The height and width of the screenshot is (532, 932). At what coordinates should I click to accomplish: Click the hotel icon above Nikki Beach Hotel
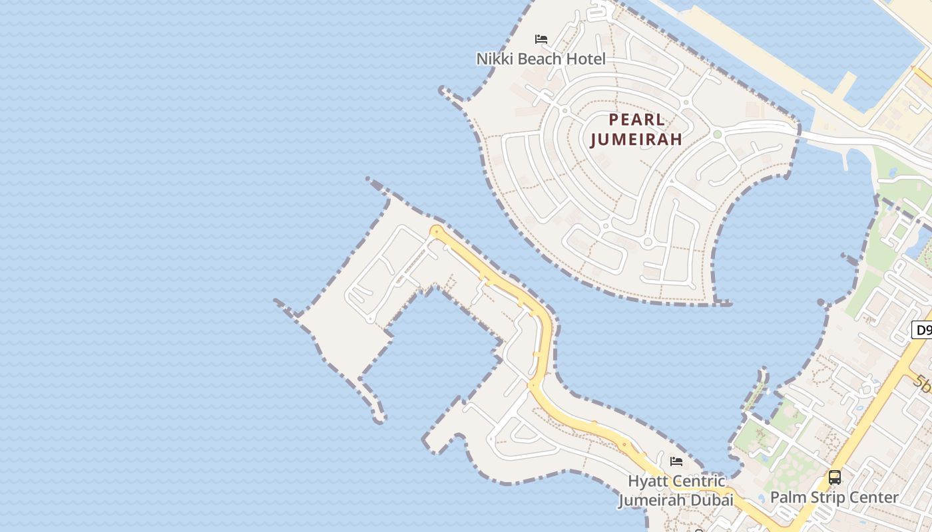541,39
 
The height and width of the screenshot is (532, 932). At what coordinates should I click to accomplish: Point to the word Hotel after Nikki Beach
586,59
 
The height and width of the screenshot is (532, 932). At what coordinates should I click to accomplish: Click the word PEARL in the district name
637,120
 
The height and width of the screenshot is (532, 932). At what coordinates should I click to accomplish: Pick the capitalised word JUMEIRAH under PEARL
636,140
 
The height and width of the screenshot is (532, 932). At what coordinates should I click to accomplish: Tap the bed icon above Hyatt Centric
676,462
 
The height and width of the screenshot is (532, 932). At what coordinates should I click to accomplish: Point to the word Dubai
713,500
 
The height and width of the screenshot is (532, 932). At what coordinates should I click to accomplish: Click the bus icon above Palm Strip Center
834,477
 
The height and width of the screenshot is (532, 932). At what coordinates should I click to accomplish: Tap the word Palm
787,497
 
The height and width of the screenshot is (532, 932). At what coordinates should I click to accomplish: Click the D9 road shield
922,330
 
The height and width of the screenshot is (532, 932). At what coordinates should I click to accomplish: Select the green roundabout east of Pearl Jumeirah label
717,134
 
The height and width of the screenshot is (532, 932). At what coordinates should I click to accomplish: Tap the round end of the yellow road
436,231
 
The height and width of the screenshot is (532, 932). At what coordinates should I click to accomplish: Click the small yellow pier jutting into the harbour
845,84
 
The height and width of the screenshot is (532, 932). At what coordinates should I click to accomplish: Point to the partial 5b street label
923,383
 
